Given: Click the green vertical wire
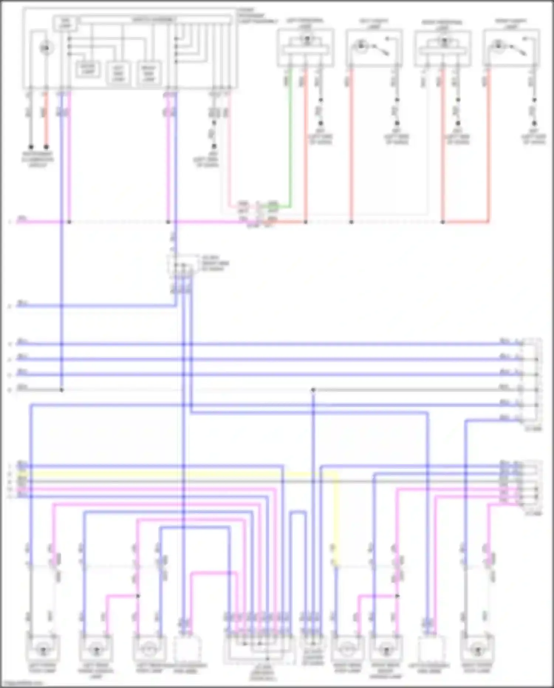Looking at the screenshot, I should pos(290,140).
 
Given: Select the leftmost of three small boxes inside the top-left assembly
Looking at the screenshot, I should pos(88,70).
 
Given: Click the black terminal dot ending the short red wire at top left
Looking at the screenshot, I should pos(46,147).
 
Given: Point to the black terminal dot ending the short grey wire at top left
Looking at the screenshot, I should pos(31,147).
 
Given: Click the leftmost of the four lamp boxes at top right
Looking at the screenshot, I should pos(305,48).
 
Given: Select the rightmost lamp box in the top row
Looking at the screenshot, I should pos(511,48).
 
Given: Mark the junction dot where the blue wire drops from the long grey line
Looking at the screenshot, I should pos(313,390).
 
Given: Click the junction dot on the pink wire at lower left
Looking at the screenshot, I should pos(138,596).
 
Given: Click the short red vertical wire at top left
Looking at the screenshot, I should pos(46,118).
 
